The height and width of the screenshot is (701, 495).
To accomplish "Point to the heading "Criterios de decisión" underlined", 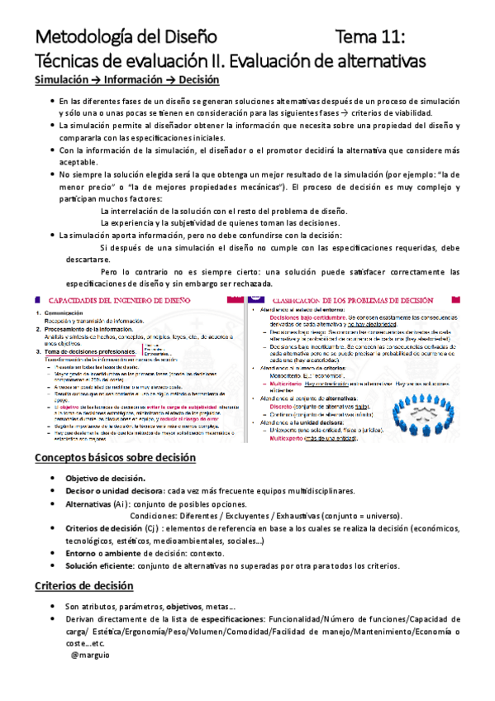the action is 83,586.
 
